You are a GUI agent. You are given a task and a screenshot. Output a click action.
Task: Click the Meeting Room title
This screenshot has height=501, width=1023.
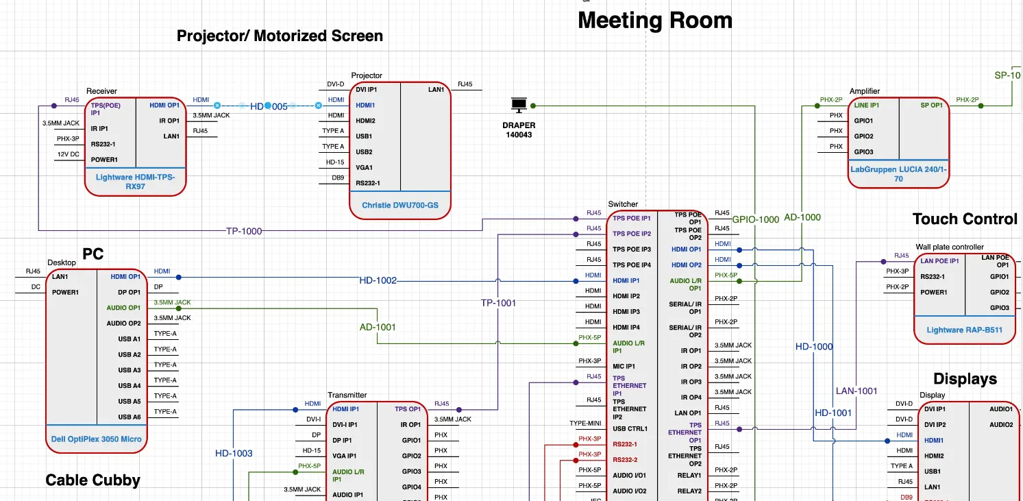point(654,21)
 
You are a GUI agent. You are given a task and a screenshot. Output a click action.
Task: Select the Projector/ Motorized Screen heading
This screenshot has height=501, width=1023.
point(280,36)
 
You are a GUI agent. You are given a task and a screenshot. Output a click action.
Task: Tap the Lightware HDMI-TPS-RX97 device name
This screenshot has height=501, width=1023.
point(135,182)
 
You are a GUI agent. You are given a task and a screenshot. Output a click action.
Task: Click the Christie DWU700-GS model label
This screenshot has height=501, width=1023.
point(400,205)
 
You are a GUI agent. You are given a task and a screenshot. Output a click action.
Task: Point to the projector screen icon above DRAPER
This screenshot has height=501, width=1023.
point(519,106)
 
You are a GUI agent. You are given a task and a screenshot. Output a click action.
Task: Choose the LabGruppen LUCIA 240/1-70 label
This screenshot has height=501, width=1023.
point(898,173)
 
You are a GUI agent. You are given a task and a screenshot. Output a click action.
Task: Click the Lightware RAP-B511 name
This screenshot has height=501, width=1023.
point(964,330)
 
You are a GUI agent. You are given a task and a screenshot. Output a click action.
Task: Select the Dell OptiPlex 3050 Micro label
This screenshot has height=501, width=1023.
point(97,439)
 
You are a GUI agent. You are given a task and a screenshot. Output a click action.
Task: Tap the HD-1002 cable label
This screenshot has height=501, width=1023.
point(378,281)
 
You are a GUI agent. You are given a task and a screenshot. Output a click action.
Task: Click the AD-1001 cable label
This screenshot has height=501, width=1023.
point(378,328)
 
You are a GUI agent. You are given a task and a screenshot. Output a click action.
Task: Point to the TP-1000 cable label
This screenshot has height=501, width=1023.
point(244,231)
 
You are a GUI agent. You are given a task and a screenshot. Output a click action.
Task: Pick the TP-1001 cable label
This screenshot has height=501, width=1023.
point(498,302)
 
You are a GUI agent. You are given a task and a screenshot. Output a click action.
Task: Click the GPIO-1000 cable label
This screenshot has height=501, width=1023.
point(755,219)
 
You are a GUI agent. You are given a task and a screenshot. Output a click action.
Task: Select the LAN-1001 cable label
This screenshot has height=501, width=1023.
point(856,391)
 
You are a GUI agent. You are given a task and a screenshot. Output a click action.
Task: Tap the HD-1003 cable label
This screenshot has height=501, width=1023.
point(234,453)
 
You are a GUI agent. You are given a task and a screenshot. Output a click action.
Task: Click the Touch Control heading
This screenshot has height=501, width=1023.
point(965,219)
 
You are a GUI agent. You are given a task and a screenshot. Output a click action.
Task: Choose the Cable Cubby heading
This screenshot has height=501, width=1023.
point(93,480)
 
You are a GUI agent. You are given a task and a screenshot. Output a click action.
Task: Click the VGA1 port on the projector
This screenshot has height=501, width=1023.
point(364,167)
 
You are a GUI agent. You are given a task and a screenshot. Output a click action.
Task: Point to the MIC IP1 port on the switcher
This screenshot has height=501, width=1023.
point(624,366)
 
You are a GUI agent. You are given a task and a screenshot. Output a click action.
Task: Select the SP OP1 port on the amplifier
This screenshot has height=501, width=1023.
point(931,106)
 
